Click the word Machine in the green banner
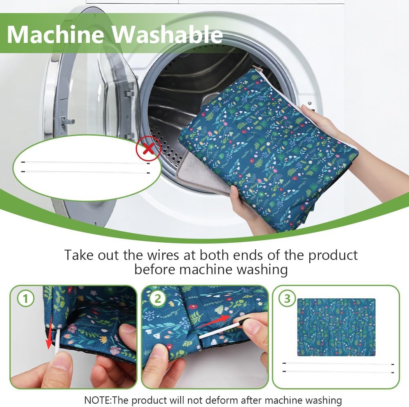55,34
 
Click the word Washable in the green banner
167,34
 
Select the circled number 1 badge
26,298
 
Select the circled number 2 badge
157,298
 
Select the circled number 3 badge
287,298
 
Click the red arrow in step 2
217,321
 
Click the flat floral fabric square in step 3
336,327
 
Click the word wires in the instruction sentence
163,255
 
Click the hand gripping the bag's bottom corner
248,209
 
